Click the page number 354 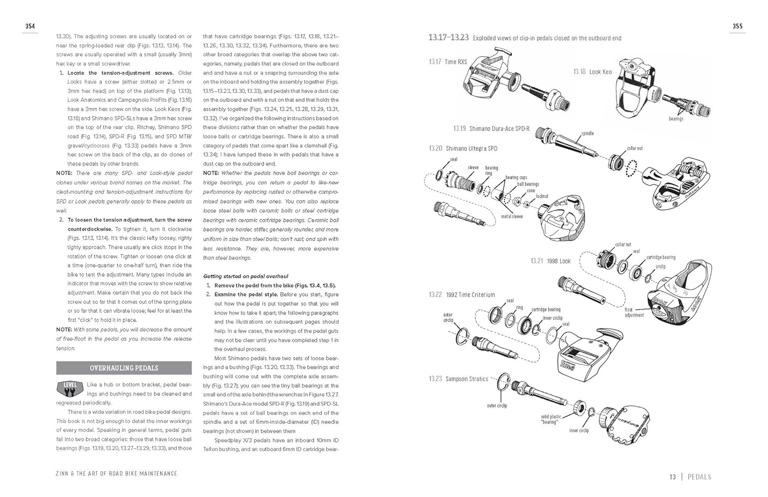(x=30, y=26)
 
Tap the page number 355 (x=737, y=26)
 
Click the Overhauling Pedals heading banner (x=124, y=368)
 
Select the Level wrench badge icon (x=70, y=388)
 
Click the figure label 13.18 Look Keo (x=592, y=72)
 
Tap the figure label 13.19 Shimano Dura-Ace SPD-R (x=492, y=129)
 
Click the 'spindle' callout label (x=587, y=134)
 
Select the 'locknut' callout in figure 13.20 (x=542, y=196)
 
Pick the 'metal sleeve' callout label (x=512, y=217)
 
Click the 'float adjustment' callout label (x=634, y=312)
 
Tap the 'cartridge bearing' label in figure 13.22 (x=546, y=309)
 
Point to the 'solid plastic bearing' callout (x=550, y=419)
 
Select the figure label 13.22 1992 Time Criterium (x=462, y=295)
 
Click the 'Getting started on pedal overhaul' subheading (x=239, y=276)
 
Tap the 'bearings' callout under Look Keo (x=676, y=119)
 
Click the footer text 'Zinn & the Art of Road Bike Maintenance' (x=116, y=473)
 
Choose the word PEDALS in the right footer (x=699, y=477)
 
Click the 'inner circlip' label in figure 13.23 (x=579, y=430)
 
